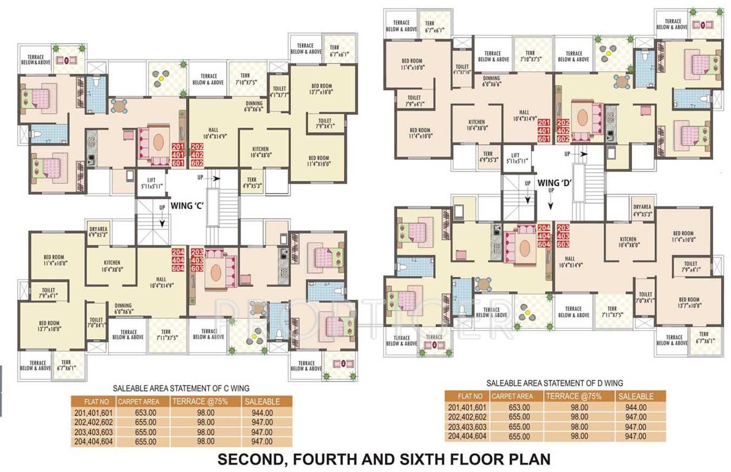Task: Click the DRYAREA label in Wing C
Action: coord(98,230)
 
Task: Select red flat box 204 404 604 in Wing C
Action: coord(178,260)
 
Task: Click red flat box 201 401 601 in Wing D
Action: coord(544,131)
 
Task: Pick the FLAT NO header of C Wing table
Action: coord(94,401)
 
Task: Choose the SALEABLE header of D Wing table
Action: coord(636,396)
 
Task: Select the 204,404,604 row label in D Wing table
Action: coord(468,436)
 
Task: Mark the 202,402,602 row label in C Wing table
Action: coord(94,422)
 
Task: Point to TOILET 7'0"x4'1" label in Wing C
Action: coord(96,323)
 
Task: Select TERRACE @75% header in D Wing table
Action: coord(574,396)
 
